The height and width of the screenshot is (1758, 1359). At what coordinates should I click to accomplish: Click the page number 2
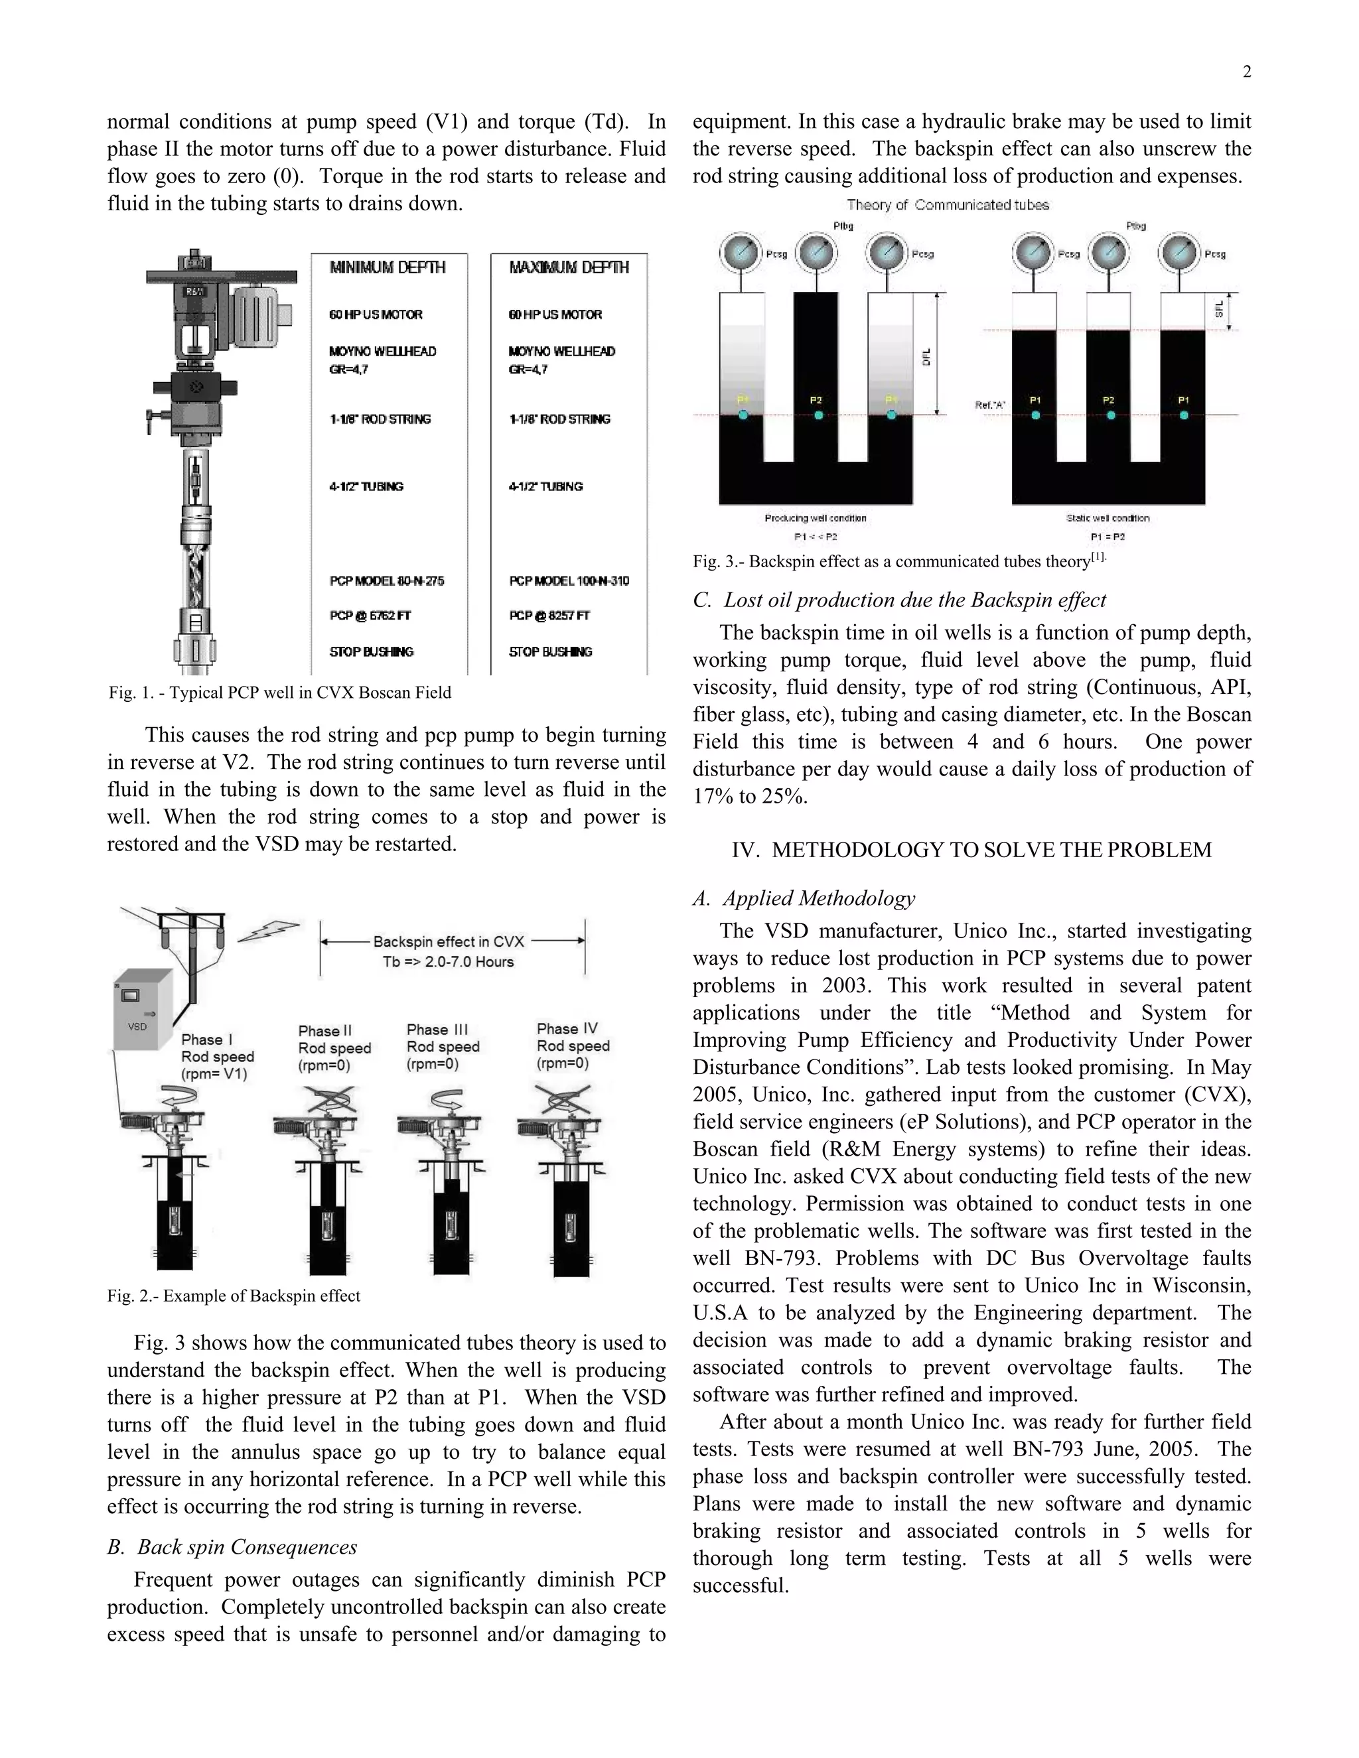(1246, 72)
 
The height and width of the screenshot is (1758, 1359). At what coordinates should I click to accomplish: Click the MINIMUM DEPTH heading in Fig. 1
(388, 268)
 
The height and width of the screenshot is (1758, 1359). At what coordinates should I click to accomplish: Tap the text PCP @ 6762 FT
(370, 616)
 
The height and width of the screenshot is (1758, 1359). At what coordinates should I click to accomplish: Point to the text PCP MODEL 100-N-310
(569, 581)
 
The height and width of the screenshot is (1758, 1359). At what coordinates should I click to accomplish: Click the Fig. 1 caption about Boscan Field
(279, 693)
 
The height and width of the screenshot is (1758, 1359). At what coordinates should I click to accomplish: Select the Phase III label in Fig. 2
(437, 1030)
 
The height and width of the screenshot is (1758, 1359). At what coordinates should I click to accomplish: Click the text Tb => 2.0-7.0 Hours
(448, 962)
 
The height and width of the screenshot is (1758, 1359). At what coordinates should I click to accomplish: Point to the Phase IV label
(567, 1029)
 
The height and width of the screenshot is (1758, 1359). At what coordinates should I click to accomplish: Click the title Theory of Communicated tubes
(948, 205)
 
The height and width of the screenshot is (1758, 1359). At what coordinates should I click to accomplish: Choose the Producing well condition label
(815, 518)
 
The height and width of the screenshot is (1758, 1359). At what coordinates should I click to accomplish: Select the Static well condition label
(1108, 518)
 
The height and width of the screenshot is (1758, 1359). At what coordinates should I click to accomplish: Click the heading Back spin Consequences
(233, 1547)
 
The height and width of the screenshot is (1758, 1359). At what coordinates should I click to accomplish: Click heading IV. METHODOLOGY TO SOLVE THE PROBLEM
(971, 850)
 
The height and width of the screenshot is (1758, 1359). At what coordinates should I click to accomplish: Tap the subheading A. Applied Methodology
(804, 898)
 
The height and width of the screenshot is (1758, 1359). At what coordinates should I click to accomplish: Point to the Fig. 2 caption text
(234, 1296)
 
